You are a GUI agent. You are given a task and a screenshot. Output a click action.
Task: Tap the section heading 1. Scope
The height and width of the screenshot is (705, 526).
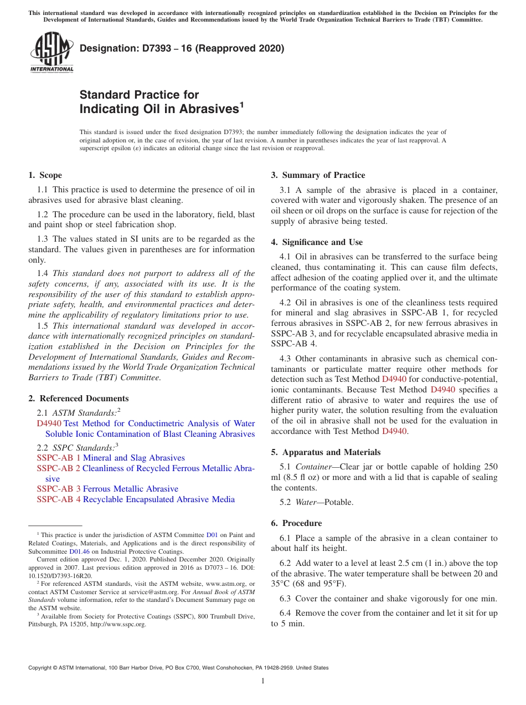click(x=45, y=175)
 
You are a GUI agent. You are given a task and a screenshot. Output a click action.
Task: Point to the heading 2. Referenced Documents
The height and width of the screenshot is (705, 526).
click(x=78, y=399)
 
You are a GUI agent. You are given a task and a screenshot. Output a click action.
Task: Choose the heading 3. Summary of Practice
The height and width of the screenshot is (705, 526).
click(x=318, y=175)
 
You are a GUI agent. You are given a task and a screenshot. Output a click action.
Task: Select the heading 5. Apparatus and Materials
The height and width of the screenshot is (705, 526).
click(x=326, y=452)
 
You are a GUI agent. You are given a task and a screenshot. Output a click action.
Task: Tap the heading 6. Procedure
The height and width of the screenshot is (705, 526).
click(x=296, y=523)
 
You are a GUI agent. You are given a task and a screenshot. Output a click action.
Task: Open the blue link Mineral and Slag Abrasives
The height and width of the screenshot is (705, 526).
click(x=133, y=458)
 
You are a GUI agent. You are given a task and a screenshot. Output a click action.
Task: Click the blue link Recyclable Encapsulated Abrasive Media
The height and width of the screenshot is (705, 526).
click(x=158, y=499)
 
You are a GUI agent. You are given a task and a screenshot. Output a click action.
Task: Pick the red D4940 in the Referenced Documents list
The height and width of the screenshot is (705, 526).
click(x=49, y=423)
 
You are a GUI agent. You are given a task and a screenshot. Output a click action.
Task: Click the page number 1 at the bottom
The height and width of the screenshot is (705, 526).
click(x=263, y=681)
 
